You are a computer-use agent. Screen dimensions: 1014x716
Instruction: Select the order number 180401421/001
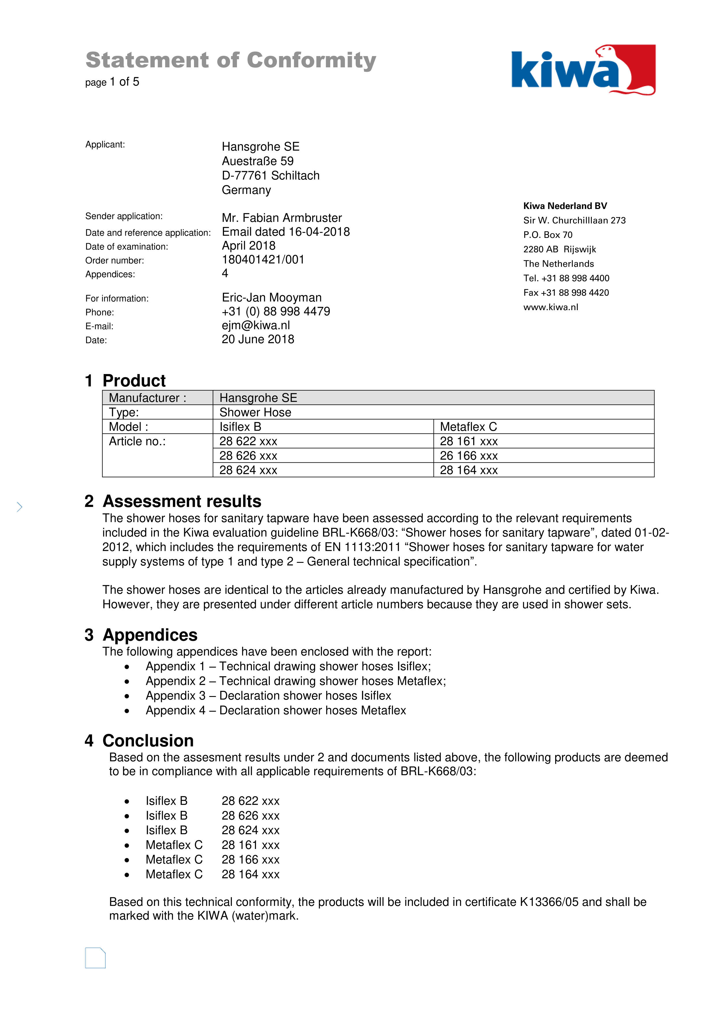point(263,259)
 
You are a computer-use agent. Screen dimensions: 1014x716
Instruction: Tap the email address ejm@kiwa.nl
point(256,325)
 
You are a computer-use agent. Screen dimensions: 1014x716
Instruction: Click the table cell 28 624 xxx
point(248,470)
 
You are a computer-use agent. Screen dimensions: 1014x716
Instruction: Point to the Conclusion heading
point(148,741)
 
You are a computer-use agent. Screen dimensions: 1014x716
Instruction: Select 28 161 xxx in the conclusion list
point(250,845)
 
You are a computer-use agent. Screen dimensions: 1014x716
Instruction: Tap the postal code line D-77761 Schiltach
point(271,175)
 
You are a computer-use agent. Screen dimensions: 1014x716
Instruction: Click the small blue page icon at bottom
point(95,958)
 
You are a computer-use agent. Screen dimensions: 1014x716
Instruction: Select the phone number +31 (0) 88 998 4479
point(276,311)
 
